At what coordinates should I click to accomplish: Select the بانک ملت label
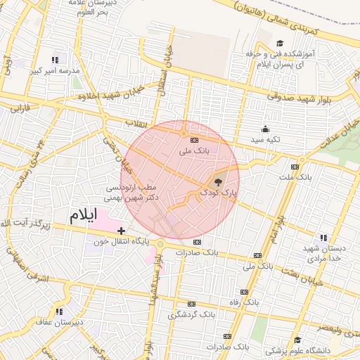pos(295,176)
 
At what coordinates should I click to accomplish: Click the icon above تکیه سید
pos(265,129)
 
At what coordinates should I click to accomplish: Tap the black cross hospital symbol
pos(122,230)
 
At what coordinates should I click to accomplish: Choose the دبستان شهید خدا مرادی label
pos(324,254)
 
